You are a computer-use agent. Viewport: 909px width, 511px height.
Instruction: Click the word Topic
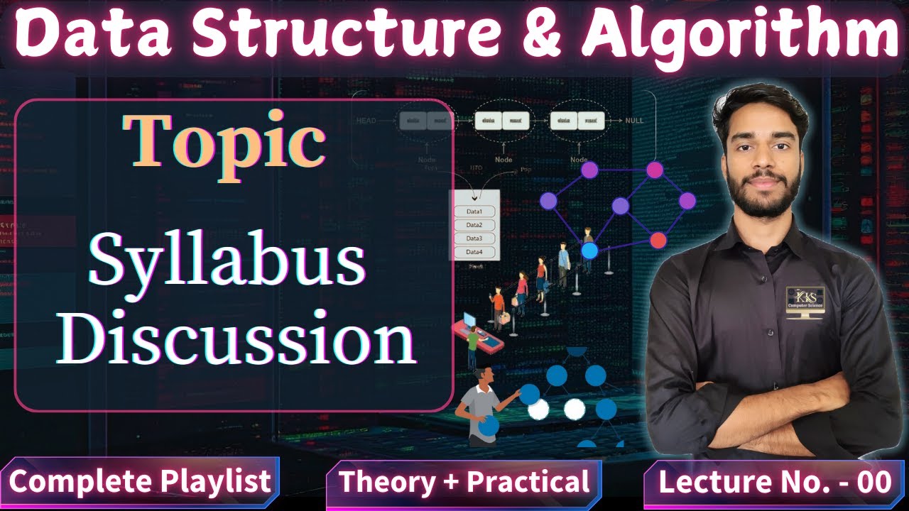click(x=224, y=141)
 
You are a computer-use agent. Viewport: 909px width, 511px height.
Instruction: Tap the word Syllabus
click(x=227, y=262)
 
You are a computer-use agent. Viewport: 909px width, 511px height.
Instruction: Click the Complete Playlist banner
click(x=140, y=482)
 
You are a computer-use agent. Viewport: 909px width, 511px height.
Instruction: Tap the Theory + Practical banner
click(x=464, y=482)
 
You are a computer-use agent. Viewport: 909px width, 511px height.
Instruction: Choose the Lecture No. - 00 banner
click(x=775, y=482)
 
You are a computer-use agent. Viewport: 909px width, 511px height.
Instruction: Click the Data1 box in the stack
click(x=474, y=211)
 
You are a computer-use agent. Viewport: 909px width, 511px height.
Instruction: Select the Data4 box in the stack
click(x=474, y=252)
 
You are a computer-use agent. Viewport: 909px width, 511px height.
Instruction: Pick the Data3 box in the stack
click(x=474, y=238)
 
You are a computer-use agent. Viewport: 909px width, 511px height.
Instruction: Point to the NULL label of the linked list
click(x=634, y=121)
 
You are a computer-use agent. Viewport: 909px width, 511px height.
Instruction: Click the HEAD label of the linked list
click(x=366, y=121)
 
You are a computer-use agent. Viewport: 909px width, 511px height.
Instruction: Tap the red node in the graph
click(x=658, y=240)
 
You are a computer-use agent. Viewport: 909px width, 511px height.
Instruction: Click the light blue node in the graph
click(x=589, y=250)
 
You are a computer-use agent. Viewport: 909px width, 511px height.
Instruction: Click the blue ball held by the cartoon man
click(x=489, y=425)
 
